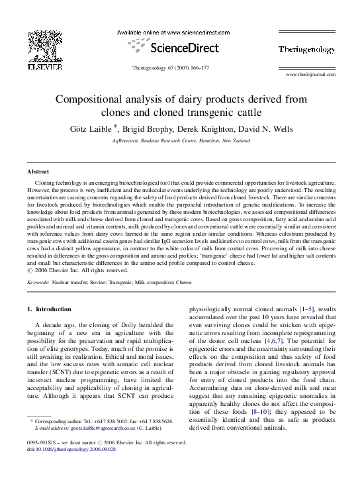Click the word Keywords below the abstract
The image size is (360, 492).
(38, 281)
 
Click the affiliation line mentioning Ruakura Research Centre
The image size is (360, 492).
(180, 141)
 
